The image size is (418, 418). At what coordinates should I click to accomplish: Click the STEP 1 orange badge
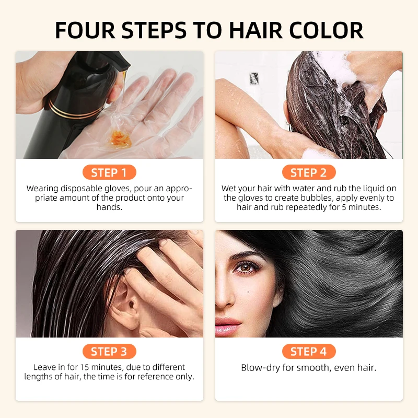click(x=109, y=172)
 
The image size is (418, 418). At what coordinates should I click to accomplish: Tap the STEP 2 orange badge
click(x=308, y=172)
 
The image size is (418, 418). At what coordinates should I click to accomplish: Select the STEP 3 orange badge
click(x=109, y=352)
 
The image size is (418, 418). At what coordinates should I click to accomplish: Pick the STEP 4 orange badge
click(x=308, y=352)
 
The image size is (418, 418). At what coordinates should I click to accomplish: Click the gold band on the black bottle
click(x=63, y=110)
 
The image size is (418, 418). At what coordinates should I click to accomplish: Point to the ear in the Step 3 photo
click(x=121, y=303)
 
